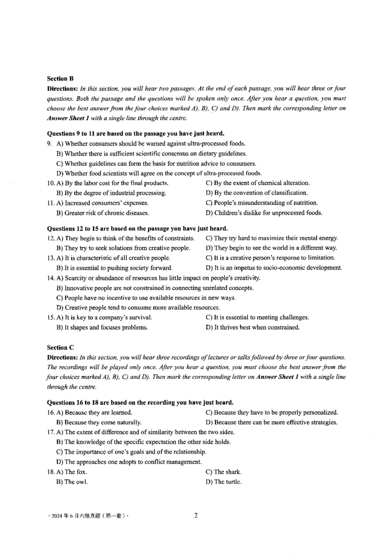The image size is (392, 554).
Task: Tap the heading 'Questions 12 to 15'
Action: click(137, 228)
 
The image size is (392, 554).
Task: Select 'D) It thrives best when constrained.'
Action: click(253, 327)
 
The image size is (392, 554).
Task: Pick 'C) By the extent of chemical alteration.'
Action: click(258, 183)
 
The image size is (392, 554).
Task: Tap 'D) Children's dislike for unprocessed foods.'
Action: click(264, 213)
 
